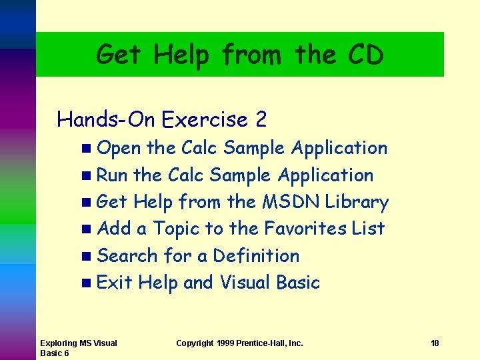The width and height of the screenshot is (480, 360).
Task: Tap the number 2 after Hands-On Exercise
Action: (x=261, y=119)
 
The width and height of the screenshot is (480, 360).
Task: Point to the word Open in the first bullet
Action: (x=119, y=148)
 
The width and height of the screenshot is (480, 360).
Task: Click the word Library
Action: (x=357, y=201)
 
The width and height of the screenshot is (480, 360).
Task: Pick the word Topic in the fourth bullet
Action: (x=177, y=229)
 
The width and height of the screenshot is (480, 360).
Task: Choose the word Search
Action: (x=127, y=255)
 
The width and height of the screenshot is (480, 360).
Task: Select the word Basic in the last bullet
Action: (x=297, y=283)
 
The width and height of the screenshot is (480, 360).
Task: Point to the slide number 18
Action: (x=435, y=343)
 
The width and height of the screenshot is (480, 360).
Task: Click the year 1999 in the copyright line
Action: (x=229, y=343)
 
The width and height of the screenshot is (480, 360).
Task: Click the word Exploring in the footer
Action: (x=59, y=343)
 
